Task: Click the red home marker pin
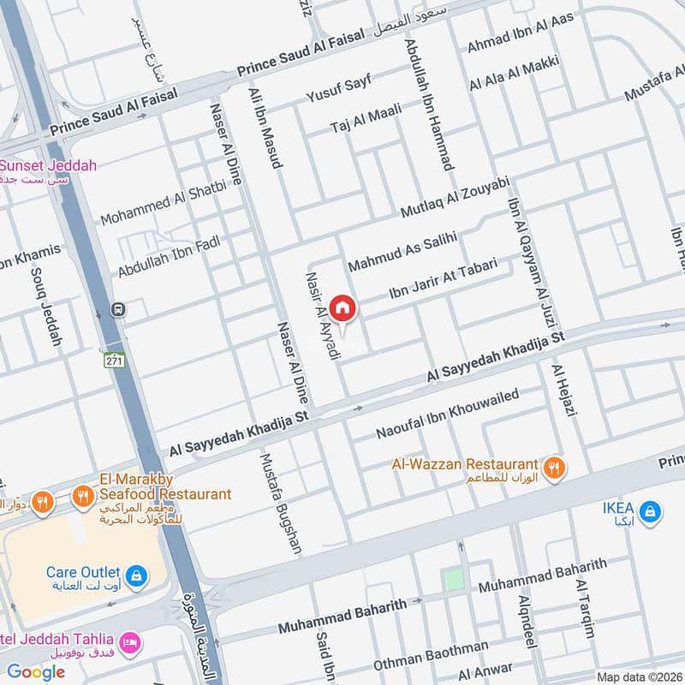tap(342, 307)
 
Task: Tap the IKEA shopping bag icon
tap(651, 511)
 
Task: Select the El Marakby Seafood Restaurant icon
tap(82, 495)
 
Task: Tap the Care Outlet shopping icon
tap(134, 575)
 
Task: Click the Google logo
tap(36, 672)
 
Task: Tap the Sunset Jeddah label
tap(49, 165)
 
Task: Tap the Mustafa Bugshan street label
tap(280, 503)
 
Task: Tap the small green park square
tap(453, 580)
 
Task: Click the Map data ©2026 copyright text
tap(639, 676)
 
